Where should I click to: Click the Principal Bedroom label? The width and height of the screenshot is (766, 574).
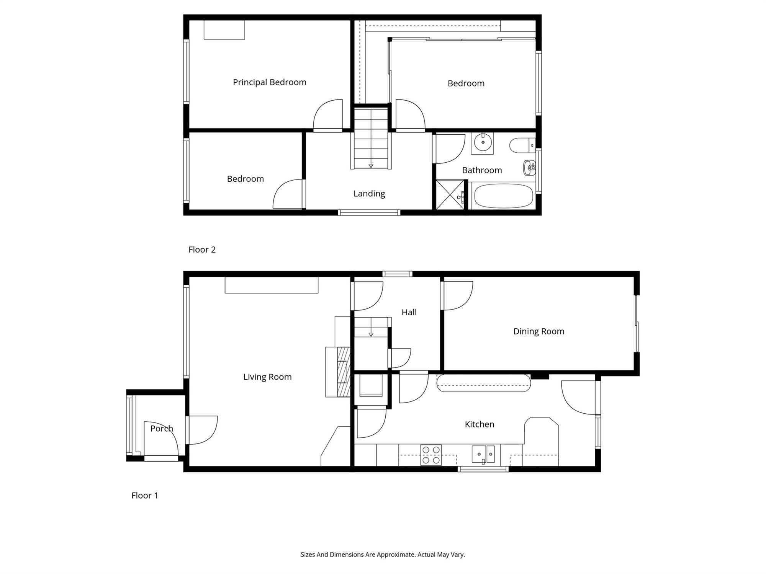[x=270, y=82]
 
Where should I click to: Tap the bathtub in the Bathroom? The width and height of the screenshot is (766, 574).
[x=503, y=196]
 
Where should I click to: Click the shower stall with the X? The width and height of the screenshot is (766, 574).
[x=450, y=195]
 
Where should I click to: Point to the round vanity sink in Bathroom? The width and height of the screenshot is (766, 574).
[x=482, y=143]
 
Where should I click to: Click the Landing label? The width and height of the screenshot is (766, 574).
[x=369, y=194]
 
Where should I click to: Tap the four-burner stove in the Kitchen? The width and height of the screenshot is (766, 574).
[x=431, y=455]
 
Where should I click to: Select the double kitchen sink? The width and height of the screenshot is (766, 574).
[x=483, y=454]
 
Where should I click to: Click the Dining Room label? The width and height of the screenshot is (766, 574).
[x=539, y=331]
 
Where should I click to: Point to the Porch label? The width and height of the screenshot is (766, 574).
[x=162, y=429]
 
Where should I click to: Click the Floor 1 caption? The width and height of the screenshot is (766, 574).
[x=144, y=496]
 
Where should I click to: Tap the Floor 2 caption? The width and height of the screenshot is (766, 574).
[x=202, y=249]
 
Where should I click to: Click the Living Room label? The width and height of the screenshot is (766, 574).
[x=267, y=377]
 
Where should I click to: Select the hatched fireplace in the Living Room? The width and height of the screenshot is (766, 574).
[x=344, y=372]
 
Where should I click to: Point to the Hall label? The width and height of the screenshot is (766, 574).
[x=409, y=312]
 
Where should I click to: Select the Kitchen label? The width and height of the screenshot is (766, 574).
[x=480, y=424]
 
